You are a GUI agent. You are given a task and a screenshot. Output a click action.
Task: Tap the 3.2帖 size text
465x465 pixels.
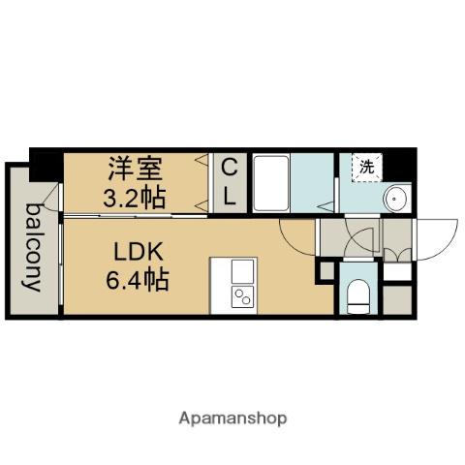[x=133, y=196]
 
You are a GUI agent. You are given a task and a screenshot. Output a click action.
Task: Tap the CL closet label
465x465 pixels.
[x=229, y=182]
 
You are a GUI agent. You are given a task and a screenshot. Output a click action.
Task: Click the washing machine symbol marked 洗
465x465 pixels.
[x=367, y=167]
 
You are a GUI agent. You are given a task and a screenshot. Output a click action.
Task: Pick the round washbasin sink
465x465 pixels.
[x=397, y=200]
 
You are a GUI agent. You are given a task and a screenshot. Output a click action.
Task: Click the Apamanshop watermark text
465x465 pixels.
[x=232, y=419]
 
